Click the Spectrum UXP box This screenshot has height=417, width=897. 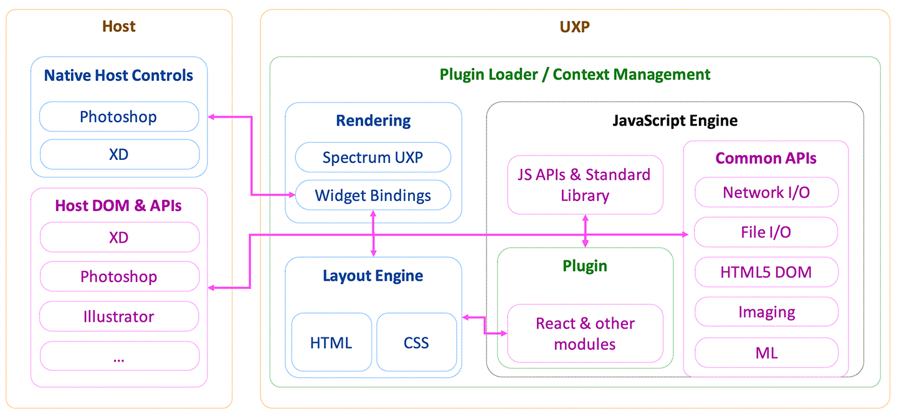click(x=373, y=157)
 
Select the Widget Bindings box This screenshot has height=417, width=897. click(x=373, y=195)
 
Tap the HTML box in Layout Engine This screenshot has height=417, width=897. click(x=331, y=342)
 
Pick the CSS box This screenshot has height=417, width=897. click(x=416, y=342)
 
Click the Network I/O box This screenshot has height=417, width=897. click(x=766, y=192)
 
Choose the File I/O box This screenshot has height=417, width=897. click(x=766, y=232)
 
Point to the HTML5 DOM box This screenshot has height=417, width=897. click(x=766, y=272)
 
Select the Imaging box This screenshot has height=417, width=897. click(x=766, y=312)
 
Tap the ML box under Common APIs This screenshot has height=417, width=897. click(x=766, y=353)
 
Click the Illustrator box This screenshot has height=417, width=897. click(x=118, y=316)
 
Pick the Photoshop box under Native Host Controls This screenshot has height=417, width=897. click(x=118, y=116)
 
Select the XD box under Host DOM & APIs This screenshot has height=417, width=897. click(x=118, y=237)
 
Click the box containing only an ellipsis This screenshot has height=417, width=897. click(x=118, y=356)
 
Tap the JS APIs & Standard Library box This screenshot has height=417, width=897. click(x=585, y=185)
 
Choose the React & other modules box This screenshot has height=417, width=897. click(x=585, y=334)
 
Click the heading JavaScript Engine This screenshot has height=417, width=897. click(x=675, y=120)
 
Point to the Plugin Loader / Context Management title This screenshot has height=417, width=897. click(x=575, y=75)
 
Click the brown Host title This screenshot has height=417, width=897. click(x=118, y=26)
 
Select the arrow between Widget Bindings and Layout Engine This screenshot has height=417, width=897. click(x=373, y=233)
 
